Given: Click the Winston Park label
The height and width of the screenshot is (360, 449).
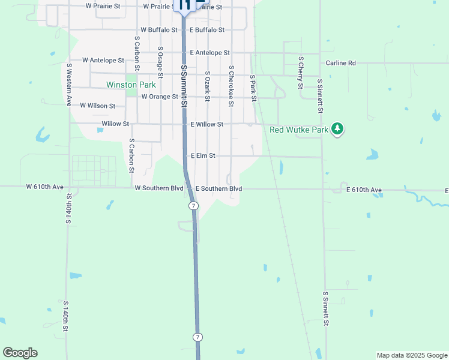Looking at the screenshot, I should (131, 85).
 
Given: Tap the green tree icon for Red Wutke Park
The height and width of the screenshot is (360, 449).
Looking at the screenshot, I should (337, 129).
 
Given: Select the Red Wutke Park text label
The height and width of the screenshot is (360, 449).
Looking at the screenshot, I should (299, 129).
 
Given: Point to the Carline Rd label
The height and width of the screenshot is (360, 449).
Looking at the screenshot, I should (341, 62).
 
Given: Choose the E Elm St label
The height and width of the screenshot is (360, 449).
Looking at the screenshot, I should (203, 155).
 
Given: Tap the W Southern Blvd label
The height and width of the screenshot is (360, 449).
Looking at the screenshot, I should (159, 188).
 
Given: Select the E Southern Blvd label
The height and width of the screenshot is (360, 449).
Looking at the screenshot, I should (218, 188).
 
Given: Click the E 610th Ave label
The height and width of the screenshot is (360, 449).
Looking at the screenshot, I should (364, 190).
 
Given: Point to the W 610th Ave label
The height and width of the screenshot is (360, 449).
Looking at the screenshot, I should (45, 187).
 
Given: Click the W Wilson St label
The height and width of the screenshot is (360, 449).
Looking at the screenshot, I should (98, 106).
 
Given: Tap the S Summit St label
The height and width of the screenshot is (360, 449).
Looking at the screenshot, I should (184, 86).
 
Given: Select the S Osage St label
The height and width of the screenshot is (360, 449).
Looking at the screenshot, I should (160, 62).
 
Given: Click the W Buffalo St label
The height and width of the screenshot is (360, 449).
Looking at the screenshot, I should (159, 29).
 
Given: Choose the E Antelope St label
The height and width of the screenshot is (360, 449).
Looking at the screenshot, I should (209, 53).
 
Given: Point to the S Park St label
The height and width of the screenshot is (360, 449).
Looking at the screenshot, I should (253, 88).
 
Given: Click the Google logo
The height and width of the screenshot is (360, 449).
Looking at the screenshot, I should (20, 353).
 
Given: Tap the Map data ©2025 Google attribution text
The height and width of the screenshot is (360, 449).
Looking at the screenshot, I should (411, 355).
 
